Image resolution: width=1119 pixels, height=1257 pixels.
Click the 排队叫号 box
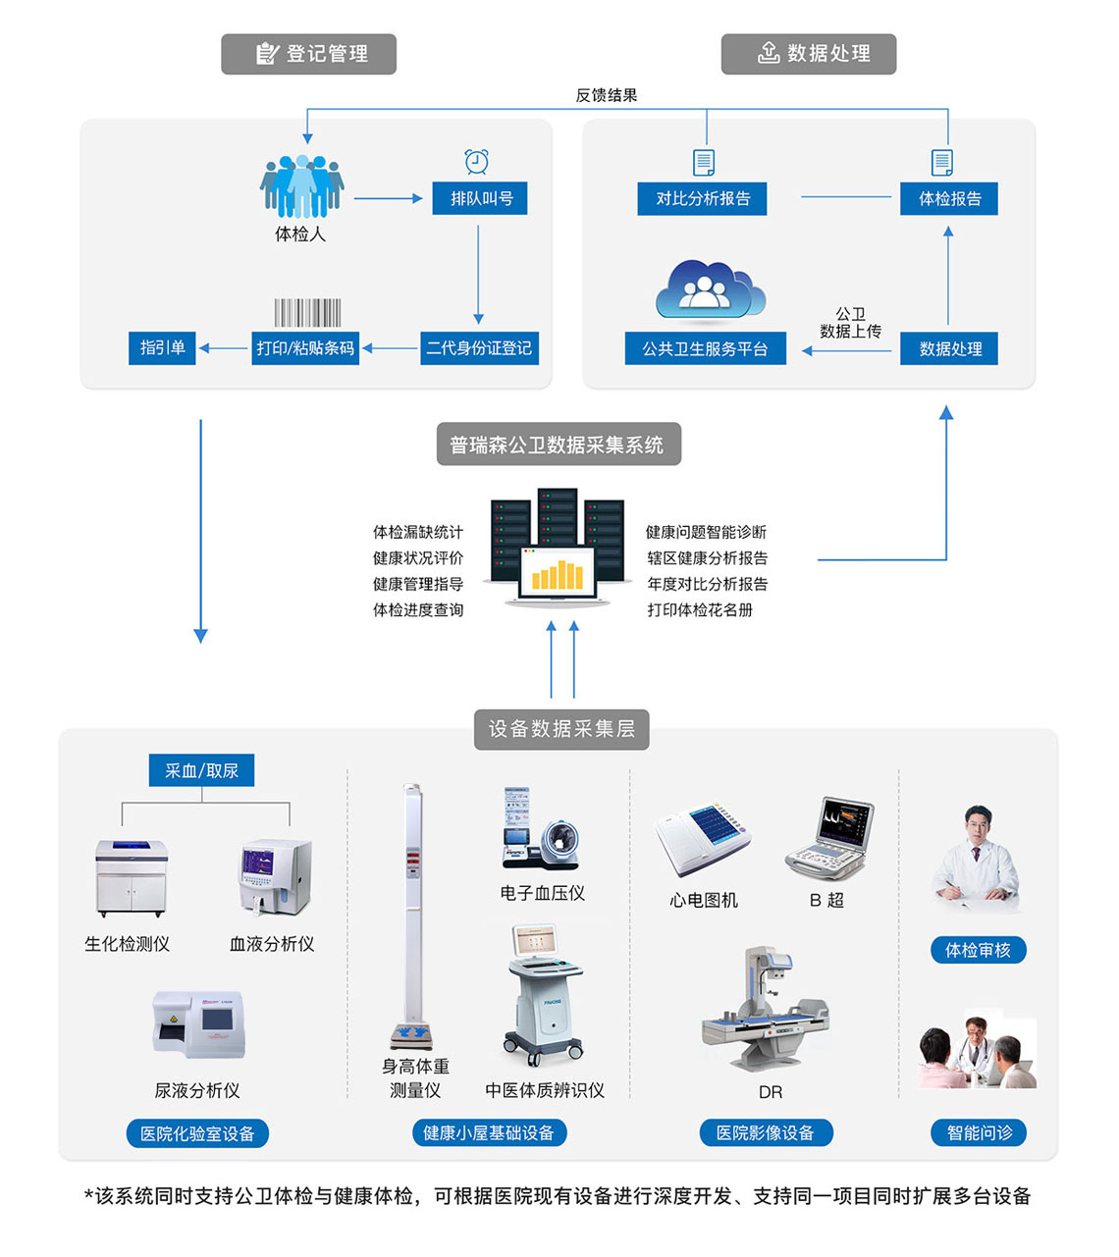tap(480, 198)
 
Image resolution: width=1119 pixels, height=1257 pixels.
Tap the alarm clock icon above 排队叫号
tap(477, 161)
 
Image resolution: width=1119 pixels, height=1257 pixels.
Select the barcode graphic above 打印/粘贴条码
tap(307, 313)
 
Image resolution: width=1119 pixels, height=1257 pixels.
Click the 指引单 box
tap(162, 347)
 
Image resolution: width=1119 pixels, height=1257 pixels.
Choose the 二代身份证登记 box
tap(479, 348)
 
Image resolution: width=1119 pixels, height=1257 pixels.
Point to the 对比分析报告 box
tap(703, 198)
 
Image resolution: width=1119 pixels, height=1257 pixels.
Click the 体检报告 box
tap(949, 198)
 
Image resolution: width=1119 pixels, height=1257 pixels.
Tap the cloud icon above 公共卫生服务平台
tap(709, 290)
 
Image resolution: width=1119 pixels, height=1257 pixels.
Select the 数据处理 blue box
tap(949, 348)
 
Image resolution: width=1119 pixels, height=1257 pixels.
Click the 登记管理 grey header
tap(309, 54)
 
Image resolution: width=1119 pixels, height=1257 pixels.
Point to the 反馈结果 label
tap(606, 95)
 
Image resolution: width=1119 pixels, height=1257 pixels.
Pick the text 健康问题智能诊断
tap(706, 532)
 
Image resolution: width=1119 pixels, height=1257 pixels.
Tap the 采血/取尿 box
tap(202, 770)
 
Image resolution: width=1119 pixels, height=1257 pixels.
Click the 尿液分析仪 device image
tap(199, 1024)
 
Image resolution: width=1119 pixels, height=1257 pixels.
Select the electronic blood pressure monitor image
tap(539, 830)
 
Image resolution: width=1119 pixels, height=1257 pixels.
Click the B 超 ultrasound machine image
tap(830, 839)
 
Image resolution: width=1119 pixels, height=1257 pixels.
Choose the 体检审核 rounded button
tap(978, 950)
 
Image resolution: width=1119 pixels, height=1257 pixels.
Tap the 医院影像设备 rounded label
tap(766, 1133)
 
